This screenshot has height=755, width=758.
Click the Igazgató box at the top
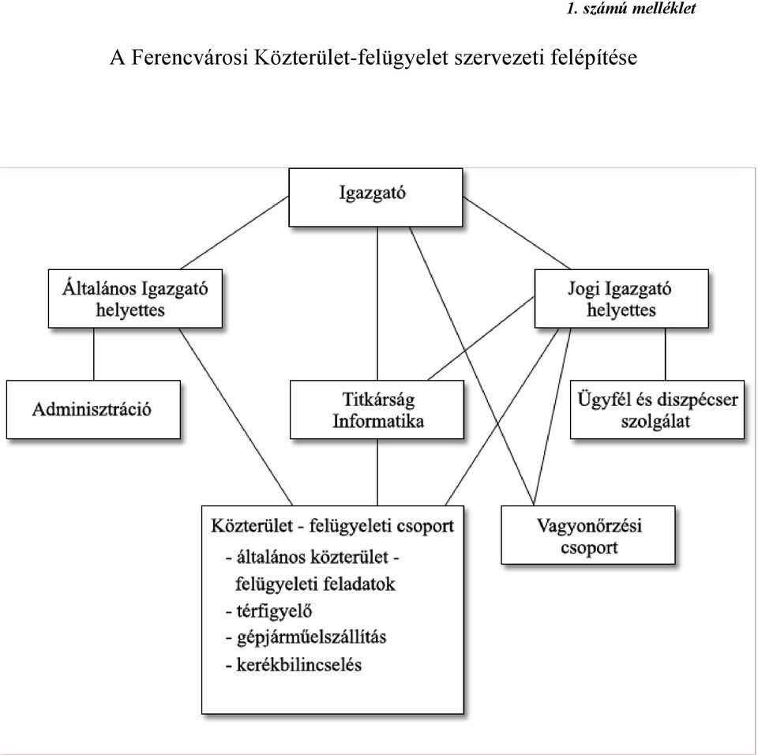click(x=376, y=197)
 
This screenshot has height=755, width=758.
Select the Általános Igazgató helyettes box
click(x=135, y=299)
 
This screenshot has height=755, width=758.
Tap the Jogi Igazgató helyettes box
click(x=621, y=299)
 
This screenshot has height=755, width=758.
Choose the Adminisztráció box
click(x=93, y=409)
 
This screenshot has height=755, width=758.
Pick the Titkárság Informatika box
click(x=377, y=409)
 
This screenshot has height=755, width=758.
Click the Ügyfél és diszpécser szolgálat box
click(x=657, y=409)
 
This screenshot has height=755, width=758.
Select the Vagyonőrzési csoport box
click(x=587, y=535)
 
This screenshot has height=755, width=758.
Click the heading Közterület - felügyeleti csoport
click(x=332, y=526)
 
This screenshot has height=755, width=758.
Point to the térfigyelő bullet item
click(x=268, y=610)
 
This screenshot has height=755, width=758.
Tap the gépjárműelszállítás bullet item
click(x=306, y=637)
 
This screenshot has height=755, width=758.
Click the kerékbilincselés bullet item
click(x=294, y=664)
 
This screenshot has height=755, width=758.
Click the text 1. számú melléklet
click(x=631, y=9)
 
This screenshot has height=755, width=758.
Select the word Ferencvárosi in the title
click(x=189, y=57)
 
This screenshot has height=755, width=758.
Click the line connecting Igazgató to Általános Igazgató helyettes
click(x=235, y=233)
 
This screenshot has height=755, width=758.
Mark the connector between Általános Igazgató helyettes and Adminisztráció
click(x=94, y=354)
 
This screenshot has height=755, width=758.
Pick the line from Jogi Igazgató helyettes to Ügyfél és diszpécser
click(x=665, y=354)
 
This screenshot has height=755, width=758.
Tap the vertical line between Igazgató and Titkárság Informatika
click(x=377, y=303)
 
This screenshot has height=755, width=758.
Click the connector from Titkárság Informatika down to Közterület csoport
click(x=377, y=472)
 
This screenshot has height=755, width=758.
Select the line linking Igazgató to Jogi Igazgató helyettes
click(x=516, y=233)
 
